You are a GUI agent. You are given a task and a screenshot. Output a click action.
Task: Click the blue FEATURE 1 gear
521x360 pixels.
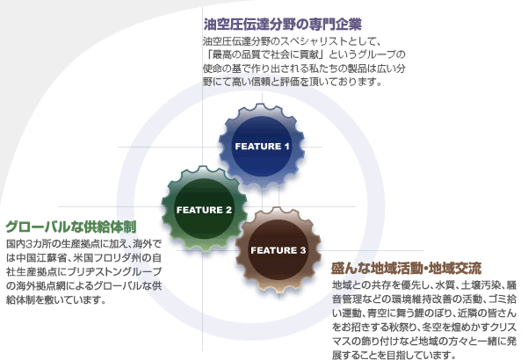click(262, 146)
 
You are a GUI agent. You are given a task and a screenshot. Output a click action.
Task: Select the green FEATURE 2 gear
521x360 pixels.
click(204, 209)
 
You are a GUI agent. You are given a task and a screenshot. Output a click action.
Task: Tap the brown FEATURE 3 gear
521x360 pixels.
click(279, 249)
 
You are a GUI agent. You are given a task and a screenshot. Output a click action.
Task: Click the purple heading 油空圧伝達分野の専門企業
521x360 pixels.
click(282, 25)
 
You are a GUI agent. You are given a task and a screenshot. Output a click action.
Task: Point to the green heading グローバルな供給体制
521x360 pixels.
click(71, 227)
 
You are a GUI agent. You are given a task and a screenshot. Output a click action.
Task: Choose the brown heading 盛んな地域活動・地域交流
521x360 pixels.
click(406, 269)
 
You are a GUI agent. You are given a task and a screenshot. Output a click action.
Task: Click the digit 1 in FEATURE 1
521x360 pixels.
click(286, 147)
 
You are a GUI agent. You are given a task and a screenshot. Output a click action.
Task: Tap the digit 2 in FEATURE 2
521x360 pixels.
click(228, 210)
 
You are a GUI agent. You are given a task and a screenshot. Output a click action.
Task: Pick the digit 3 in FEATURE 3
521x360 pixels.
click(303, 250)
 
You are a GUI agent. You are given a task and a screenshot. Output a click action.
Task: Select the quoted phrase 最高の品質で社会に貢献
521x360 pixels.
click(266, 54)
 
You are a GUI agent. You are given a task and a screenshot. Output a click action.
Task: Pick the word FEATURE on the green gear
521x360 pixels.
click(199, 210)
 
